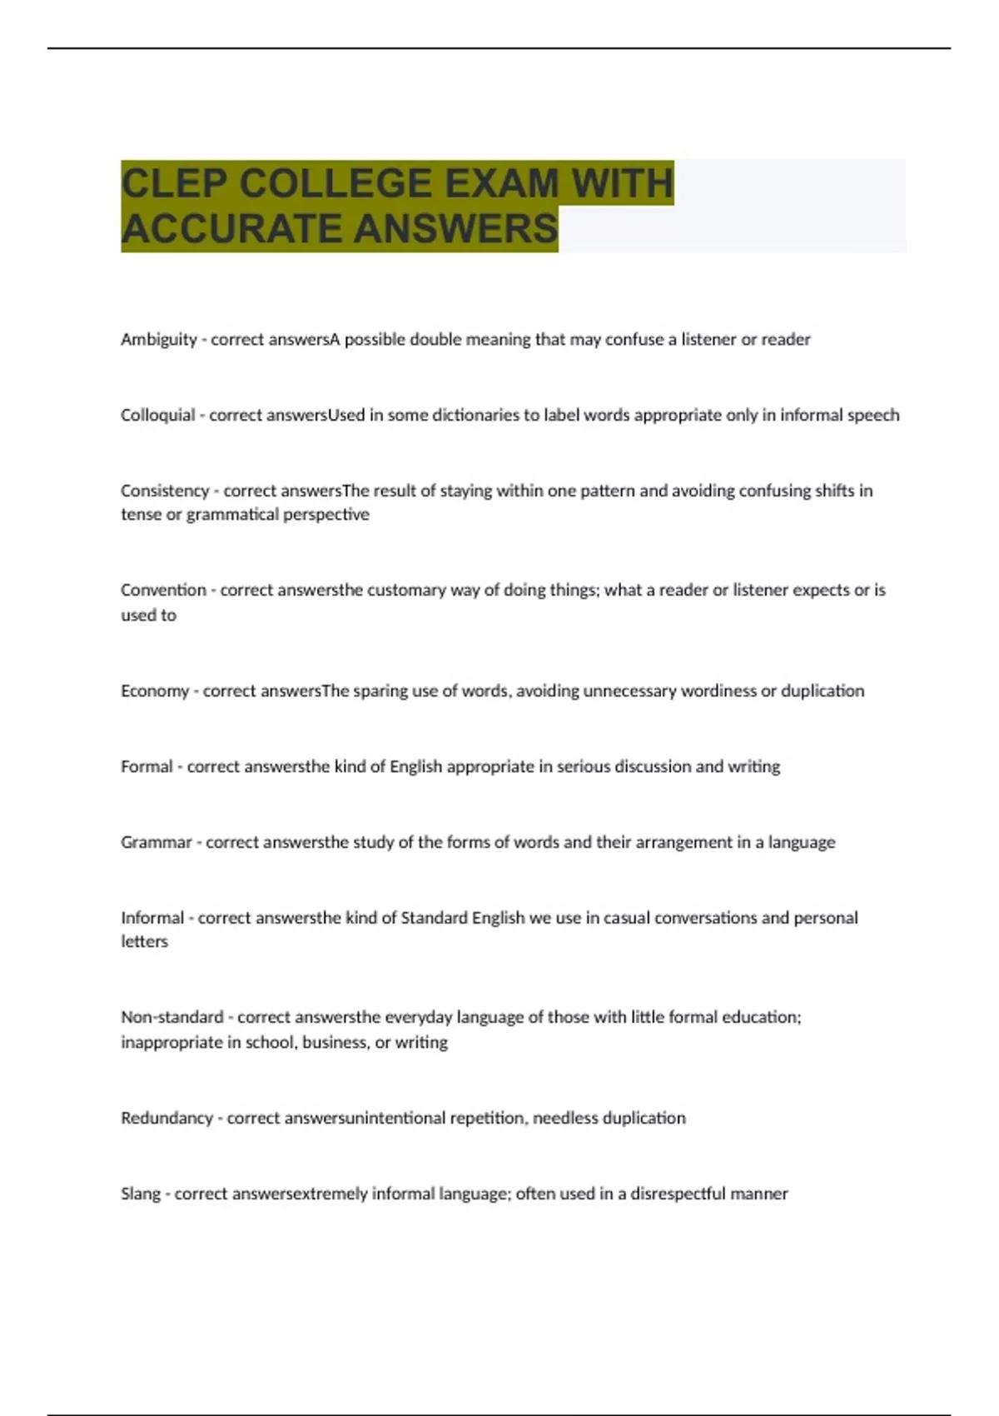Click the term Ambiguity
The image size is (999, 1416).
159,340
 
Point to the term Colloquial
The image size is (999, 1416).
158,416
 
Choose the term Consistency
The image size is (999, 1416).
165,491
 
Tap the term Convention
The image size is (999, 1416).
163,591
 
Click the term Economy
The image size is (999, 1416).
155,691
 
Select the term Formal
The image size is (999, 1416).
147,767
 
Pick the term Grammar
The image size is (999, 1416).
157,843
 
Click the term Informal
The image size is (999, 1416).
152,918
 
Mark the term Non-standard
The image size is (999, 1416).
172,1018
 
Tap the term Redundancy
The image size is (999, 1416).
166,1119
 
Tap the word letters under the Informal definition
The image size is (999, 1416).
144,942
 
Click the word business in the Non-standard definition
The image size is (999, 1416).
334,1043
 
